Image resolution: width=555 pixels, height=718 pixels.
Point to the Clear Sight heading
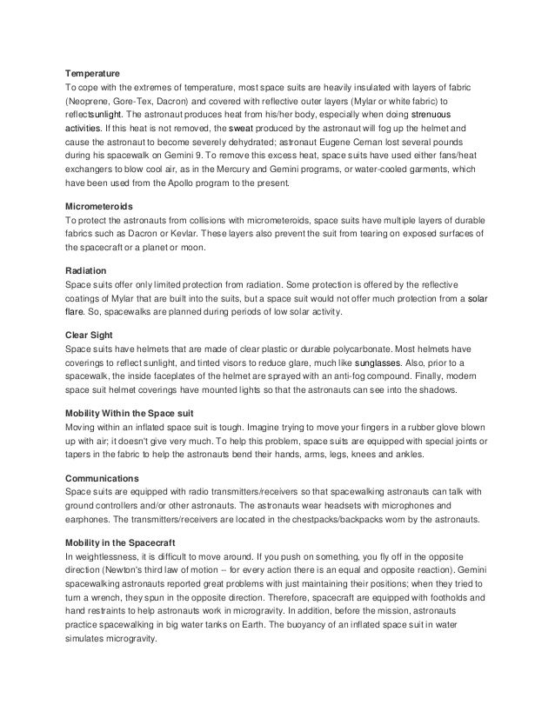click(x=91, y=335)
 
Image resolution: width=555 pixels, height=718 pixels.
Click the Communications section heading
click(x=103, y=478)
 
